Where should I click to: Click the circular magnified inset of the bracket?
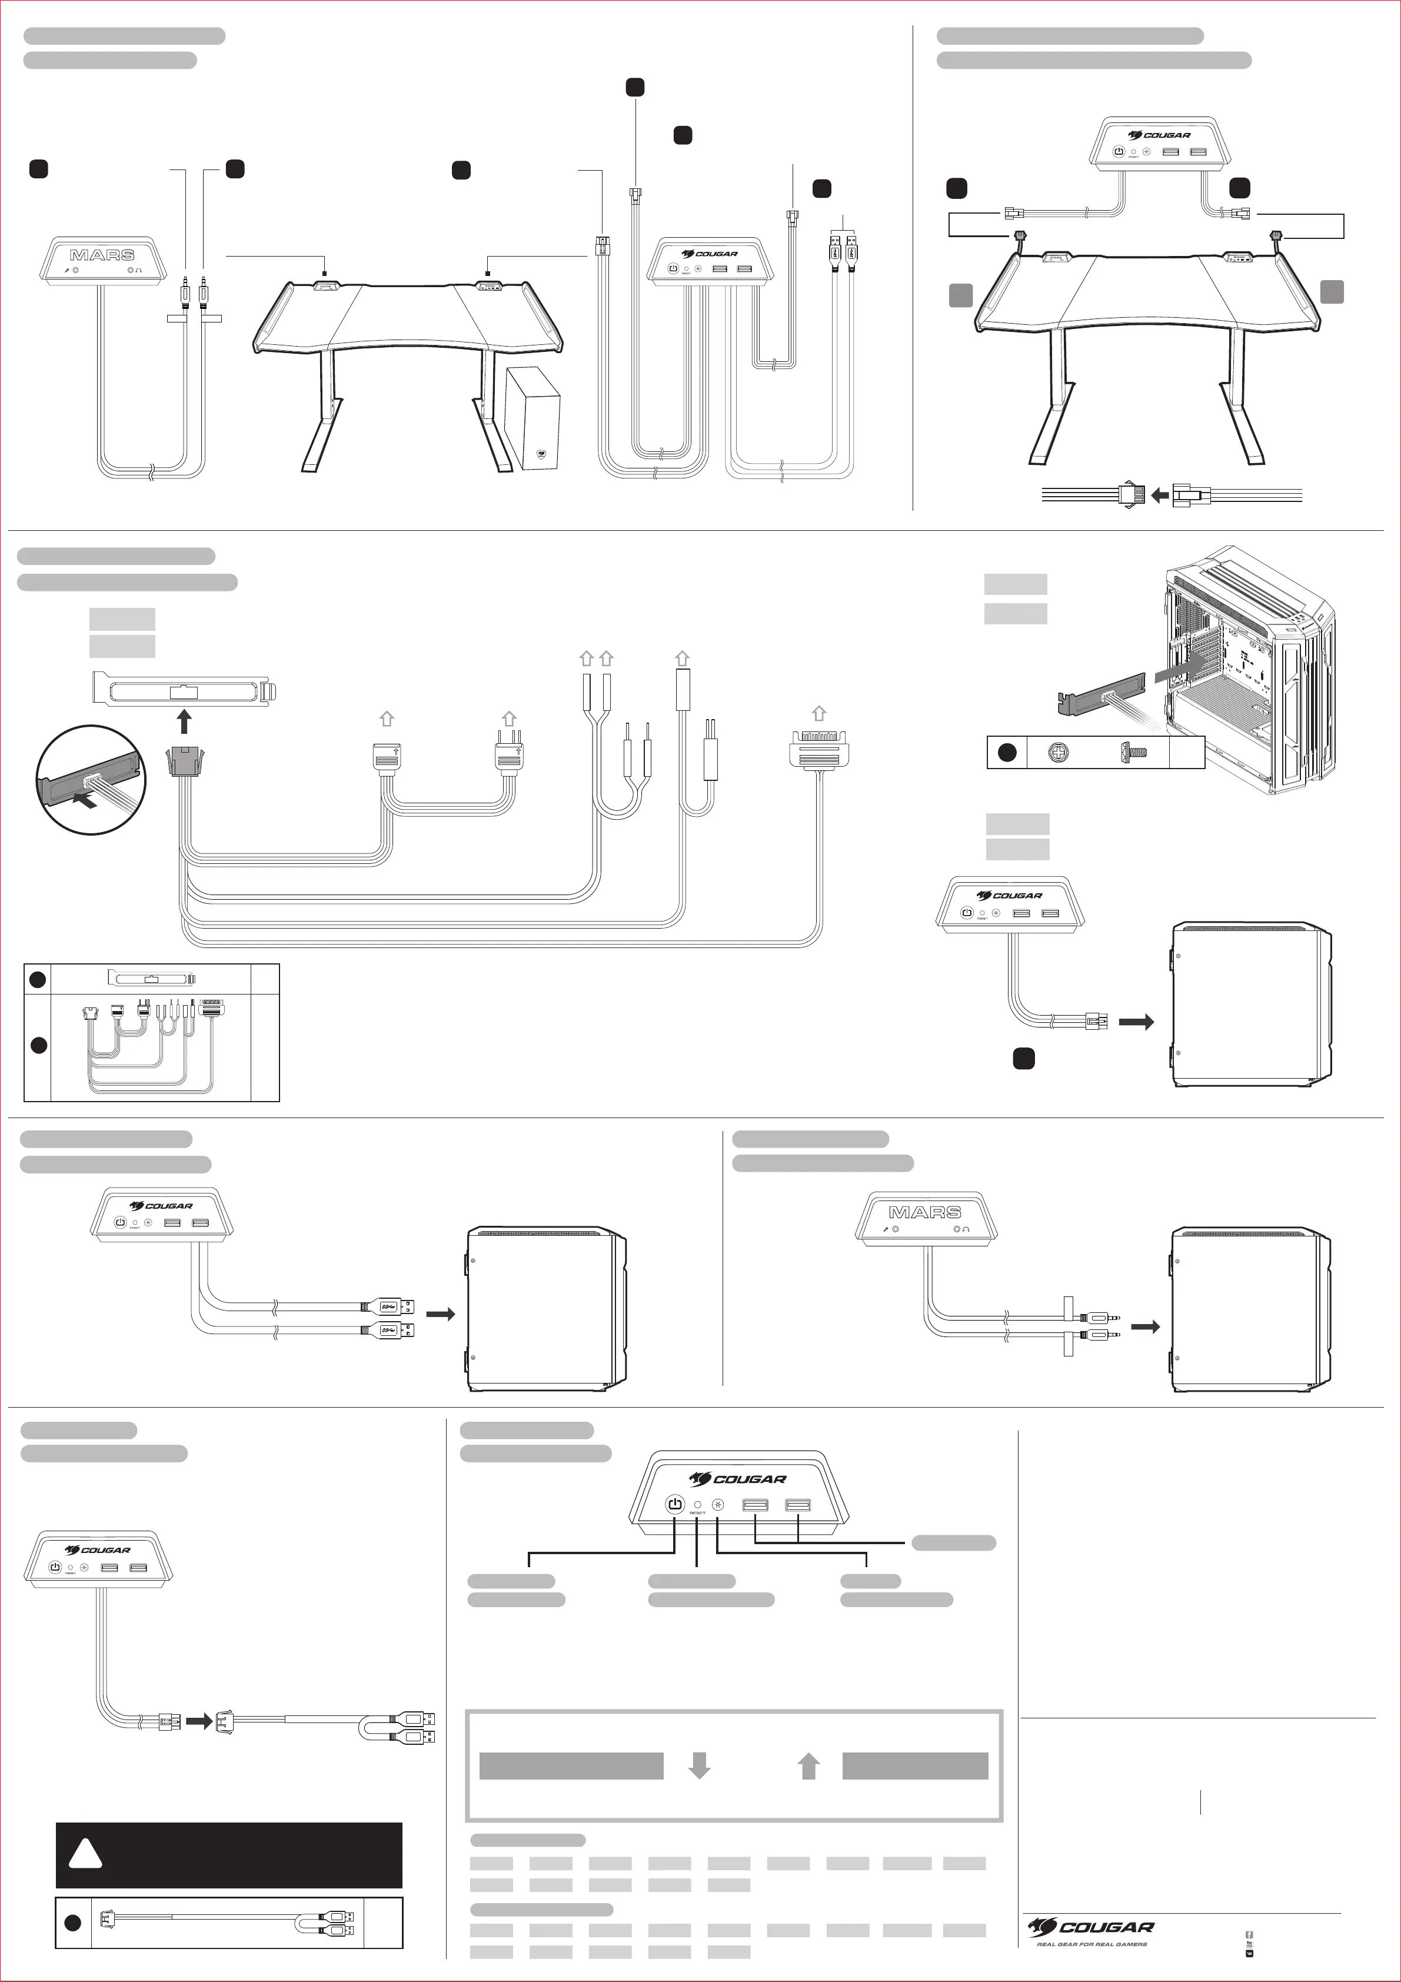(x=91, y=780)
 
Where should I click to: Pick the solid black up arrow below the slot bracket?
(x=184, y=721)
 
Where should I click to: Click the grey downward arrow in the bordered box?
(x=699, y=1765)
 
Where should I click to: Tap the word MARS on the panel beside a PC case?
(x=926, y=1212)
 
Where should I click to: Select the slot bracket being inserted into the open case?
(x=1100, y=696)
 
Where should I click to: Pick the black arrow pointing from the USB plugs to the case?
(x=440, y=1315)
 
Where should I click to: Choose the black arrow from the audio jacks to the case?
(x=1146, y=1327)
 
